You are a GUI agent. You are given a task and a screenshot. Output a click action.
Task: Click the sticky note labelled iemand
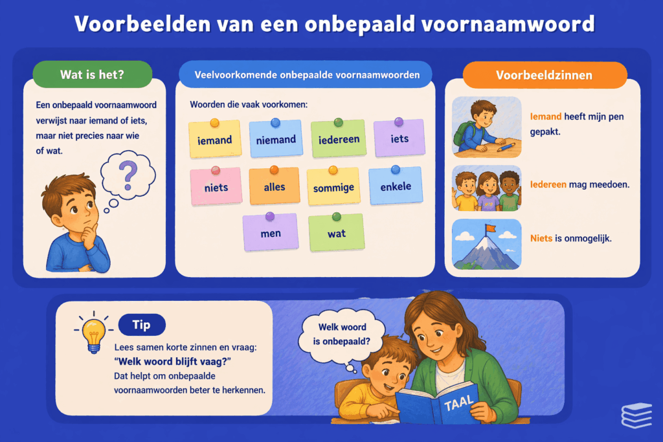(x=215, y=140)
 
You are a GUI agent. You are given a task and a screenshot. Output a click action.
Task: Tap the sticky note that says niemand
(x=276, y=139)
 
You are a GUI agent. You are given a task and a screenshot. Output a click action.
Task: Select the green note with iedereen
(x=339, y=138)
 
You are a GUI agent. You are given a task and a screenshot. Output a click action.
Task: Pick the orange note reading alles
(x=275, y=186)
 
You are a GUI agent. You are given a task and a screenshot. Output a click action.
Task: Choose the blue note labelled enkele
(x=395, y=186)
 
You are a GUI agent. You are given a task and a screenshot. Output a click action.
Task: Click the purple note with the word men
(x=271, y=232)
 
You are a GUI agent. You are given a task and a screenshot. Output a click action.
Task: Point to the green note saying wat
(x=336, y=233)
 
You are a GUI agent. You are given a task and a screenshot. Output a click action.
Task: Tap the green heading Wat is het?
(x=92, y=74)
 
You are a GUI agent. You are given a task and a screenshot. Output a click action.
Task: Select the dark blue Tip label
(x=142, y=325)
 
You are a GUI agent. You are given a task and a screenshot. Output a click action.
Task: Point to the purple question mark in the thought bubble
(x=129, y=173)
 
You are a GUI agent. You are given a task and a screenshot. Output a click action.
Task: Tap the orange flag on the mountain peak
(x=491, y=228)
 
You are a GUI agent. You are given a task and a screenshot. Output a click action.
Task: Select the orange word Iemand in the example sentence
(x=544, y=117)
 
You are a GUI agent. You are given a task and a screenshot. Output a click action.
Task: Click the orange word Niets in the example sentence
(x=541, y=238)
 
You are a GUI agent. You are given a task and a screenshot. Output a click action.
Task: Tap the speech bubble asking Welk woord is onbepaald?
(x=343, y=335)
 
